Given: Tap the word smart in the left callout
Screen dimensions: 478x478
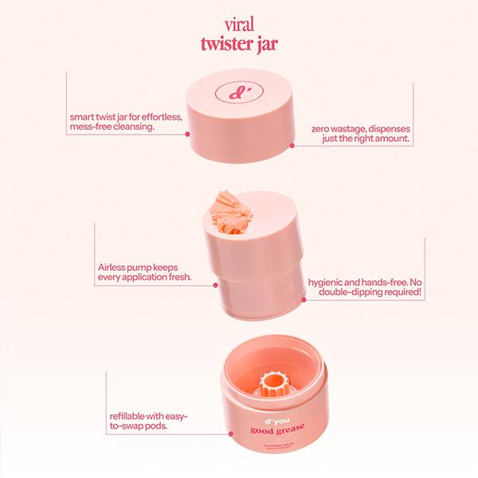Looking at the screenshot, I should pyautogui.click(x=85, y=117).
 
